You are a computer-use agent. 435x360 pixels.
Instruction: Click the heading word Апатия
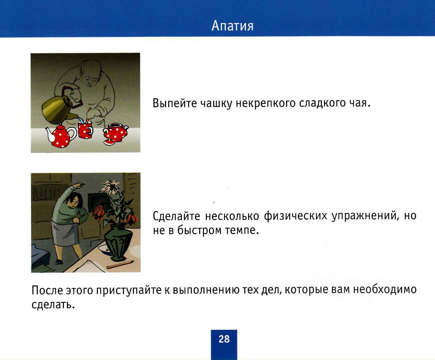pyautogui.click(x=232, y=26)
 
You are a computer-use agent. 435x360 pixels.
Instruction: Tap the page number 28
pyautogui.click(x=224, y=339)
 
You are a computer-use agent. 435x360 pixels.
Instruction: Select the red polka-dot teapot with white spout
pyautogui.click(x=60, y=136)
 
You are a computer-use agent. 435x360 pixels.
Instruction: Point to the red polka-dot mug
pyautogui.click(x=85, y=130)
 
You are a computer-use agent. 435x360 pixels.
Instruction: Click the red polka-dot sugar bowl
pyautogui.click(x=115, y=134)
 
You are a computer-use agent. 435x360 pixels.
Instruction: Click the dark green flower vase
pyautogui.click(x=118, y=242)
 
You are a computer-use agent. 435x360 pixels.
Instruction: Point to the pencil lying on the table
pyautogui.click(x=120, y=265)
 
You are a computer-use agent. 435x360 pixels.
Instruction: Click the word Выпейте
pyautogui.click(x=175, y=103)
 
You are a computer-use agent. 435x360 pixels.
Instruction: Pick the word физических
pyautogui.click(x=295, y=216)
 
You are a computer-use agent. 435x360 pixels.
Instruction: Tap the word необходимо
pyautogui.click(x=385, y=289)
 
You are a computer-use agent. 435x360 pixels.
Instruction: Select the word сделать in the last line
pyautogui.click(x=53, y=305)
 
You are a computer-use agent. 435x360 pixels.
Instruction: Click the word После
pyautogui.click(x=47, y=290)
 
